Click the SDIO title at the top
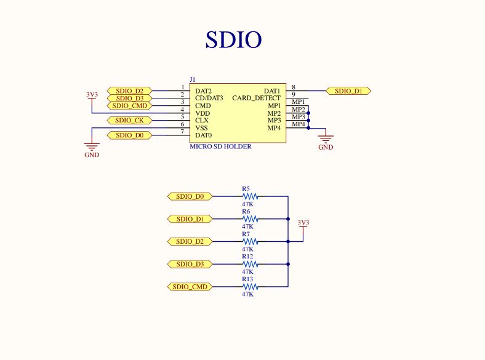(x=233, y=39)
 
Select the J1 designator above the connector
(x=193, y=79)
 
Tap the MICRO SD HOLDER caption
(x=221, y=146)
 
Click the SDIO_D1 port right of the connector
(x=348, y=91)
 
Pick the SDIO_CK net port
(x=129, y=120)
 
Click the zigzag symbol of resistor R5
(x=249, y=196)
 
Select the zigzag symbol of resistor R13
(x=249, y=287)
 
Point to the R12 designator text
(x=247, y=257)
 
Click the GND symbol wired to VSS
(x=92, y=148)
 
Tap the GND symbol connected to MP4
(x=326, y=140)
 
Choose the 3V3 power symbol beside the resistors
(x=303, y=224)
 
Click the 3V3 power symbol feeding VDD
(x=92, y=96)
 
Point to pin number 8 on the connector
(x=294, y=87)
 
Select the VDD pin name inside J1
(x=202, y=113)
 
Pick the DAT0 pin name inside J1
(x=204, y=135)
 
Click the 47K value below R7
(x=247, y=249)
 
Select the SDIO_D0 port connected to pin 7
(x=129, y=135)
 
